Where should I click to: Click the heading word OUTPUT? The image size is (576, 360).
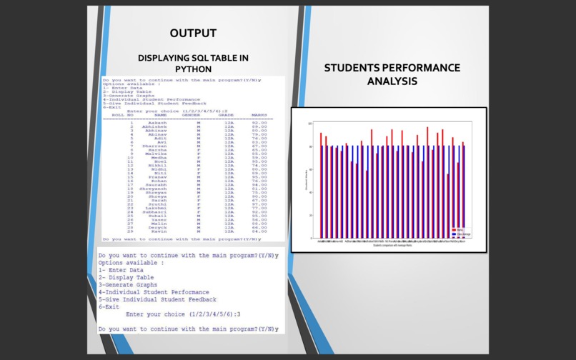(193, 33)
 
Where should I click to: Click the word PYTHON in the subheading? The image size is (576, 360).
(193, 69)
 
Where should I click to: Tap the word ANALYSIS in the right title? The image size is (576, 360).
(392, 81)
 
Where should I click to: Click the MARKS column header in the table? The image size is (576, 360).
(259, 114)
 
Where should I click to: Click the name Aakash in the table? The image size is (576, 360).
(157, 122)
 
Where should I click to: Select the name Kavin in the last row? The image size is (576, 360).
(159, 231)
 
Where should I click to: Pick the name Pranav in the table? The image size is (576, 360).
(157, 176)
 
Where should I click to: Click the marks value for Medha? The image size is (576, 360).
(259, 157)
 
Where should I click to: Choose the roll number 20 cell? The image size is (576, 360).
(131, 196)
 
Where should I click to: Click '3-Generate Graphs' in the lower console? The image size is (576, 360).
(128, 284)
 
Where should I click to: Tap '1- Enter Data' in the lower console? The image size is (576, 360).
(121, 270)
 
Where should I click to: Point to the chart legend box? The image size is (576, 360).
(461, 231)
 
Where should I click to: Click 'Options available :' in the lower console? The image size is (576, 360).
(131, 262)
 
